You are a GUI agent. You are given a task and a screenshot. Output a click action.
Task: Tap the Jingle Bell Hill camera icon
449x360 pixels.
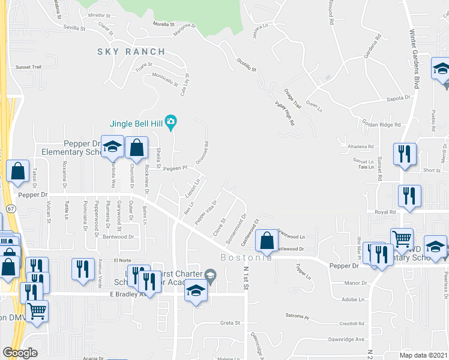coord(170,123)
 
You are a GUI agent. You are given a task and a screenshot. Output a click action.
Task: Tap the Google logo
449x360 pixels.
coord(20,353)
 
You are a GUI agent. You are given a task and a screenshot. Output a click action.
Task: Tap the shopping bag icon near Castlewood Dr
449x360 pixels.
coord(266,241)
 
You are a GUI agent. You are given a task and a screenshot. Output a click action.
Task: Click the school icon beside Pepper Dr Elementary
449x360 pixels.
coord(112,148)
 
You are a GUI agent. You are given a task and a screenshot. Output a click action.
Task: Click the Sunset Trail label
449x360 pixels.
coord(28,67)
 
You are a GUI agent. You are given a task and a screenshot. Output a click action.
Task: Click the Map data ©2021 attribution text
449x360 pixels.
coord(423,355)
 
